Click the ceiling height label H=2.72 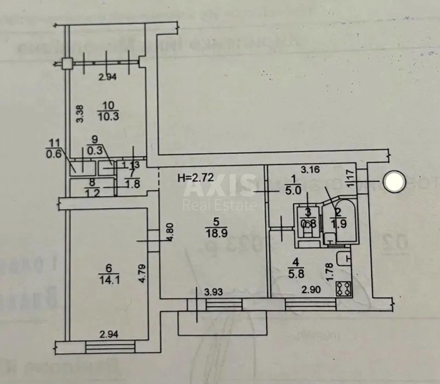coord(195,178)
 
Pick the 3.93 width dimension coord(214,292)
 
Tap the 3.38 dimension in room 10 coord(82,114)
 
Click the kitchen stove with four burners coord(344,288)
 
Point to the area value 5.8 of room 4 coord(296,274)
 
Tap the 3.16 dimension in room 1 coord(310,170)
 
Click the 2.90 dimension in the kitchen coord(311,290)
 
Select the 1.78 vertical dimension coord(329,272)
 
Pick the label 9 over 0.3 coord(95,145)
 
